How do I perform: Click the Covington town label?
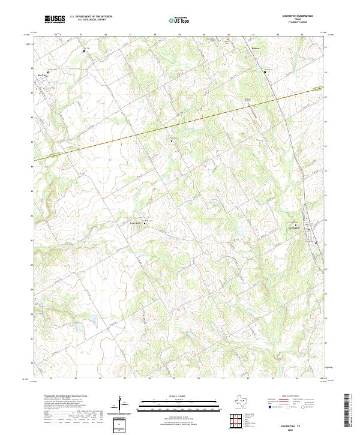293,227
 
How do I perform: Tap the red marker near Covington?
316,242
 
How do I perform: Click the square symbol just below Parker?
265,71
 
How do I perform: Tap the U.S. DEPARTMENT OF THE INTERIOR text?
91,17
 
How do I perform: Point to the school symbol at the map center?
172,140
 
